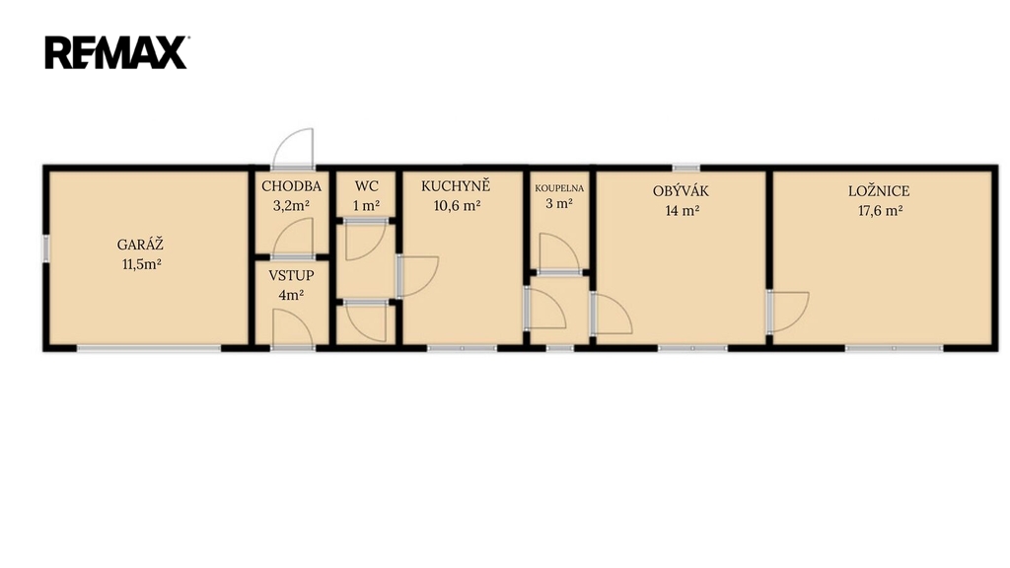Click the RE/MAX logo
coord(116,52)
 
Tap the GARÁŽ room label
coord(140,245)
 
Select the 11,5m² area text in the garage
coord(142,264)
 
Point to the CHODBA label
coord(291,186)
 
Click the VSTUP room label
coord(291,276)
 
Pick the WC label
coord(367,186)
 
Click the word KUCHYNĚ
coord(456,186)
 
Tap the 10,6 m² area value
coord(458,206)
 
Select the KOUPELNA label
coord(559,188)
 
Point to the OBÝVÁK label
coord(681,190)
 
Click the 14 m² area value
coord(683,211)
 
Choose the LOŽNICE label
coord(879,190)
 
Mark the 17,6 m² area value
coord(880,211)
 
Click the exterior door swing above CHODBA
coord(293,149)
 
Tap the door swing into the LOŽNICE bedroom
coord(787,312)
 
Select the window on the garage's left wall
coord(46,248)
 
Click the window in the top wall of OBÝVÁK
coord(686,169)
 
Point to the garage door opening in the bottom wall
coord(150,348)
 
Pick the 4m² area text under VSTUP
coord(291,296)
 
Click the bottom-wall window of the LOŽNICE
coord(894,348)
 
